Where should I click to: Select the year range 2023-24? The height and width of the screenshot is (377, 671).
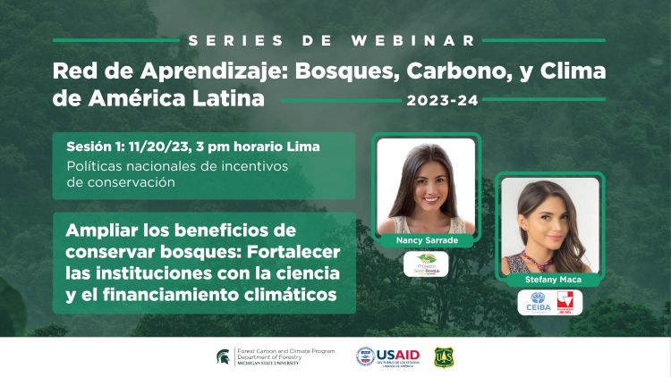click(x=442, y=100)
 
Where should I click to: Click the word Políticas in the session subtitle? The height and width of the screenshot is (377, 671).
click(x=96, y=165)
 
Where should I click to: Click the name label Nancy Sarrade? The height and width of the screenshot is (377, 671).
click(x=426, y=241)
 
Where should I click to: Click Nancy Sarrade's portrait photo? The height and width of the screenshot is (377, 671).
click(x=426, y=186)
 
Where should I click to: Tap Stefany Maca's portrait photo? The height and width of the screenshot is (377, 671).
click(x=549, y=225)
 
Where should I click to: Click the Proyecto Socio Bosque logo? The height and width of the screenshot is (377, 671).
click(x=426, y=264)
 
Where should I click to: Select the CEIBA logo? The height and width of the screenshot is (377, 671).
click(x=538, y=303)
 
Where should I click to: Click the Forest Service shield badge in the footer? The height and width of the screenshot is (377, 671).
click(x=442, y=357)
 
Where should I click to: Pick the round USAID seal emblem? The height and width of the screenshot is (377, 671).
click(x=365, y=357)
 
